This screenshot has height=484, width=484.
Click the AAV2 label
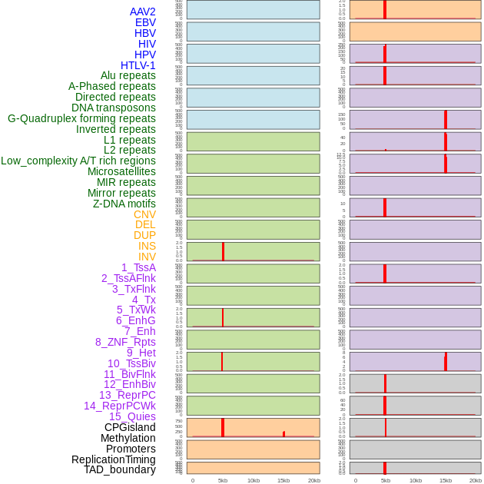[x=143, y=12]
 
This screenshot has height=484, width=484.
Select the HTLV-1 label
[x=138, y=65]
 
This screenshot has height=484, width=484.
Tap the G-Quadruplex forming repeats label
[x=81, y=118]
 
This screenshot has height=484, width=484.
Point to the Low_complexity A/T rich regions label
[x=78, y=161]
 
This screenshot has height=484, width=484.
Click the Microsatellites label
[x=121, y=171]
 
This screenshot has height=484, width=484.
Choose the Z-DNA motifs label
[x=124, y=204]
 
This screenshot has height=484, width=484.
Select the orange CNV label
[x=144, y=214]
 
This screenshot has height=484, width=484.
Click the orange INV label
[x=147, y=257]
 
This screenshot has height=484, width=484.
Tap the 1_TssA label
[x=138, y=267]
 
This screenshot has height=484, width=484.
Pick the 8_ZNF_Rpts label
[x=125, y=342]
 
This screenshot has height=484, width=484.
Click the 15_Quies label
[x=132, y=416]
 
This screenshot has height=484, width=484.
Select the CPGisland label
[x=130, y=427]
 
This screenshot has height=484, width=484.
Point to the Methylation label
[x=128, y=438]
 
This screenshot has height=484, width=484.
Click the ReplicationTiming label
[x=114, y=459]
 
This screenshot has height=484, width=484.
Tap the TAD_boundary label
[x=120, y=469]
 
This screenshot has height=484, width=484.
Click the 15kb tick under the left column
[x=283, y=480]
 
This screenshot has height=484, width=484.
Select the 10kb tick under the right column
[x=416, y=480]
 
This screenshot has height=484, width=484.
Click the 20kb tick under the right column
[x=476, y=480]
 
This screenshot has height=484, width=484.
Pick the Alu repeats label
[x=128, y=75]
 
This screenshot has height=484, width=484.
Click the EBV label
[x=145, y=22]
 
